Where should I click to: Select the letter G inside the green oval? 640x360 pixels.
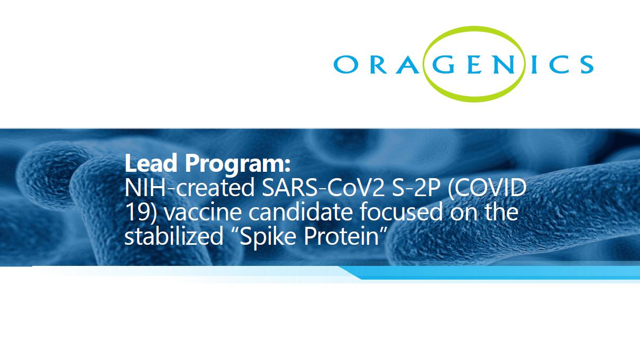click(x=444, y=64)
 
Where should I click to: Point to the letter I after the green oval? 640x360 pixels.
click(x=533, y=64)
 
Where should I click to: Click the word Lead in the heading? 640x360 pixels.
click(x=151, y=163)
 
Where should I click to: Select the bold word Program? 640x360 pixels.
click(x=238, y=164)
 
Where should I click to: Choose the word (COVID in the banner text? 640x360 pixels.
click(x=487, y=188)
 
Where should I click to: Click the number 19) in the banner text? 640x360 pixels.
click(x=141, y=213)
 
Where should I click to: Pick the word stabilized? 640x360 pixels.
click(x=173, y=236)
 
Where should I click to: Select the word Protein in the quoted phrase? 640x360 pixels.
click(x=341, y=236)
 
